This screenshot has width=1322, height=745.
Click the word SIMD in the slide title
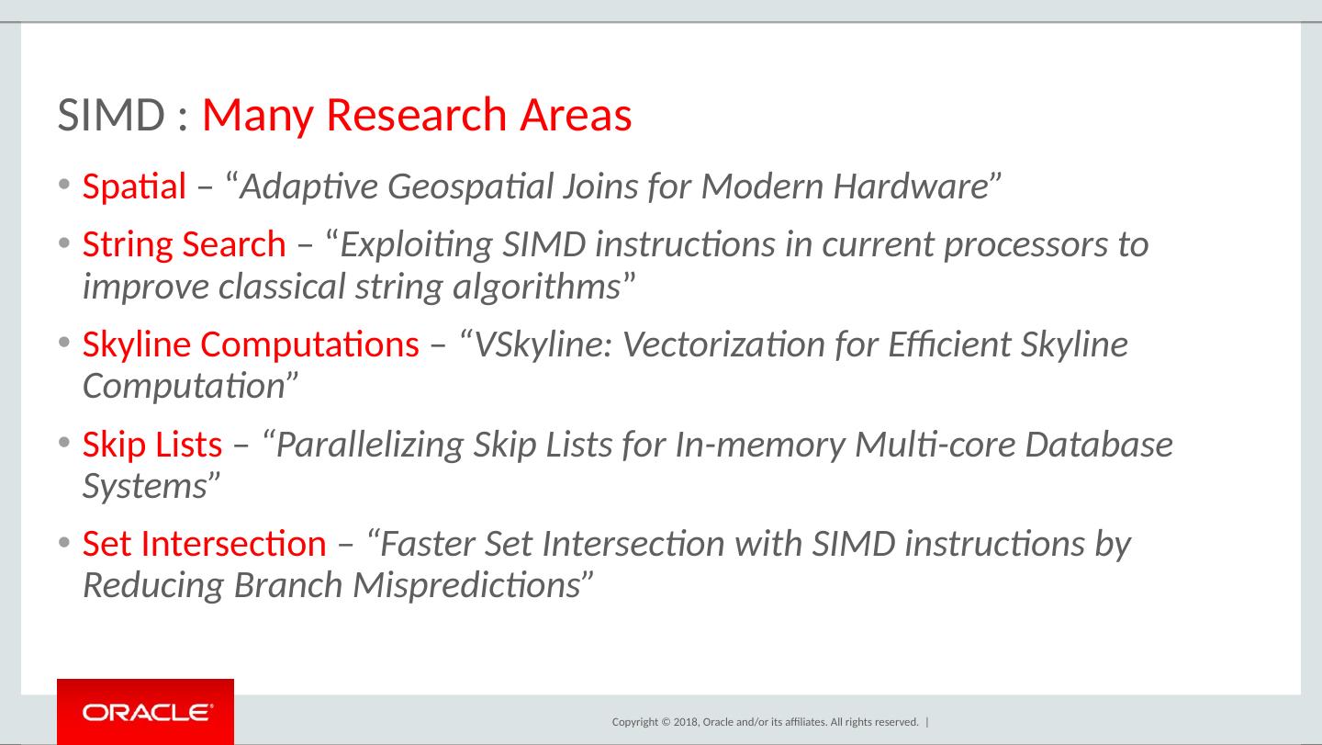click(x=111, y=116)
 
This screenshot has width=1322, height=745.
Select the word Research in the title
click(x=416, y=116)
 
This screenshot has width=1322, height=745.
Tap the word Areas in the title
click(x=576, y=116)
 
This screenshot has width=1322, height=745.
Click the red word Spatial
click(x=135, y=186)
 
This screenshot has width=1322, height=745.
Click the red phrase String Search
click(x=184, y=244)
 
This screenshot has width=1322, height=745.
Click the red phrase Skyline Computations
click(x=251, y=344)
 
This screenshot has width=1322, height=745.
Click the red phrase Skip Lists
click(x=151, y=445)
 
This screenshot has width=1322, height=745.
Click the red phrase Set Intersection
click(x=204, y=544)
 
